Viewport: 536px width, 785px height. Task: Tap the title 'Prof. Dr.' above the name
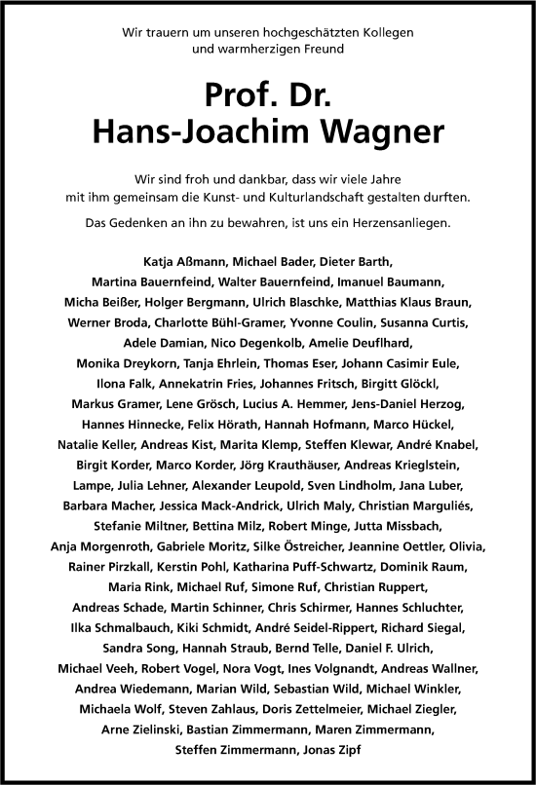[267, 95]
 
